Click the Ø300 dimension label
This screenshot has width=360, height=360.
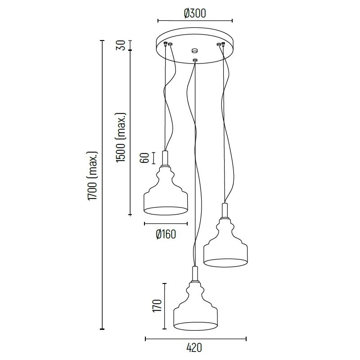(195, 13)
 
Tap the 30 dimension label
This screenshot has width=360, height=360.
(121, 45)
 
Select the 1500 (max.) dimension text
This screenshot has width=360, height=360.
(121, 137)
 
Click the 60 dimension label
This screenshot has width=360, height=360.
(144, 158)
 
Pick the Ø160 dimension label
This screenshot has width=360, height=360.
(166, 234)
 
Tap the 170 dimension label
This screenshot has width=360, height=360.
(157, 306)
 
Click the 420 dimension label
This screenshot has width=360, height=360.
(194, 347)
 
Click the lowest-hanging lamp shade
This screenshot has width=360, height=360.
(195, 306)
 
